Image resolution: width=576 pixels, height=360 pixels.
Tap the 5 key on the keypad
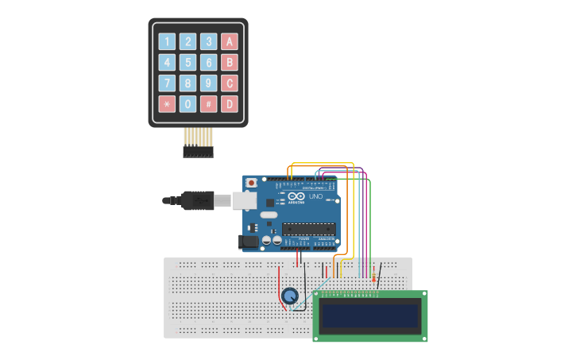coord(187,63)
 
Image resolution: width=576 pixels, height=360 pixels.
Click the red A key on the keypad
coord(230,42)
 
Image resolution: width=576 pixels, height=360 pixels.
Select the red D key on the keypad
coord(230,104)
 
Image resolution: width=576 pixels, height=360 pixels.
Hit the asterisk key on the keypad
coord(167,104)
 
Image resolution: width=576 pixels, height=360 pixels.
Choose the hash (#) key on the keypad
coord(208,104)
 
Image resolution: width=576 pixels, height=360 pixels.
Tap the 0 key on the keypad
coord(187,104)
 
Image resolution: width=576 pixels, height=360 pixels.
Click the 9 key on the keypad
coord(208,83)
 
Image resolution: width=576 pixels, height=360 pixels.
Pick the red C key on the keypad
coord(230,83)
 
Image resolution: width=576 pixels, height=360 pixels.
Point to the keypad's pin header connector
coord(198,150)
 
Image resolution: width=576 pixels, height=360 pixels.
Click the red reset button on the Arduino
coord(252,183)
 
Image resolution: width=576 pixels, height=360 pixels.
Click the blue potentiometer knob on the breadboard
coord(291,297)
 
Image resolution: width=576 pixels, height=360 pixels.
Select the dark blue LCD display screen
coord(370,316)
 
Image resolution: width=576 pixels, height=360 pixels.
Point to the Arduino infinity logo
coord(296,197)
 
